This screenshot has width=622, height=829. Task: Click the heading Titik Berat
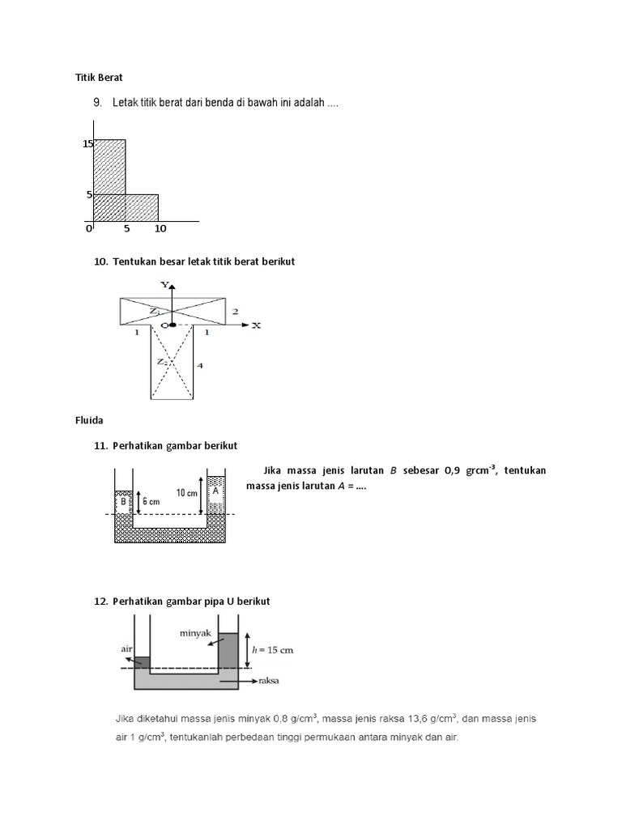tap(97, 78)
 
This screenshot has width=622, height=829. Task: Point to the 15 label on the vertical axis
tap(87, 144)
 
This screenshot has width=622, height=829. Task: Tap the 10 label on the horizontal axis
tap(160, 229)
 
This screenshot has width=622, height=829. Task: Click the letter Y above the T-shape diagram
tap(164, 285)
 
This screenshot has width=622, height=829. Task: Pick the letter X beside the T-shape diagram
tap(257, 325)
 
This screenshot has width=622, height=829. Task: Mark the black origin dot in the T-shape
tap(172, 325)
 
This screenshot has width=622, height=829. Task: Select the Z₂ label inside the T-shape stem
tap(162, 362)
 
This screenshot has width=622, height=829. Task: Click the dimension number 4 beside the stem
tap(200, 366)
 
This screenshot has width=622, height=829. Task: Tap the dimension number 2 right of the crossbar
tap(235, 312)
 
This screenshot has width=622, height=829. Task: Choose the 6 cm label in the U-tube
tap(151, 501)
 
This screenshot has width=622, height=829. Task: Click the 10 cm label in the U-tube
tap(186, 492)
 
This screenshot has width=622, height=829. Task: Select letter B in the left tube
tap(123, 501)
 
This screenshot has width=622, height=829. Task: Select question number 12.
tap(101, 602)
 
